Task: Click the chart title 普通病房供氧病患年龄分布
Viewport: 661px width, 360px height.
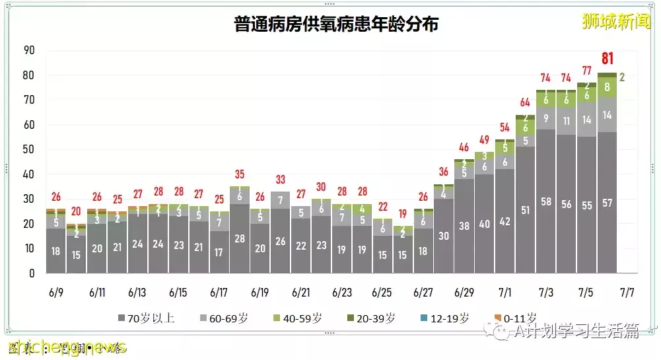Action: [x=336, y=24]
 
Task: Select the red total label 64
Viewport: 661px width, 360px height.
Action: [x=525, y=102]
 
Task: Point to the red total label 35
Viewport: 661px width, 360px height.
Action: [x=239, y=174]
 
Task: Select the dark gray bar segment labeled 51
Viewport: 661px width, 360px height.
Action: [x=525, y=210]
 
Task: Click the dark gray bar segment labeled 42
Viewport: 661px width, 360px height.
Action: [x=504, y=221]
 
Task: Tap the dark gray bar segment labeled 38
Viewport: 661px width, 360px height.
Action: [x=464, y=226]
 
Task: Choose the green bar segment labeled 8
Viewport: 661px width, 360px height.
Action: [x=607, y=87]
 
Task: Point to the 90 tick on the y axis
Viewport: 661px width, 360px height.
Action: [x=28, y=50]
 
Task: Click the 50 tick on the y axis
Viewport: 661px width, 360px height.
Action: [x=28, y=149]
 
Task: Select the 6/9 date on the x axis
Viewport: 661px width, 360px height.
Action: [x=56, y=291]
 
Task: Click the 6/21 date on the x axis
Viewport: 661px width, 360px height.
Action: [x=300, y=291]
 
